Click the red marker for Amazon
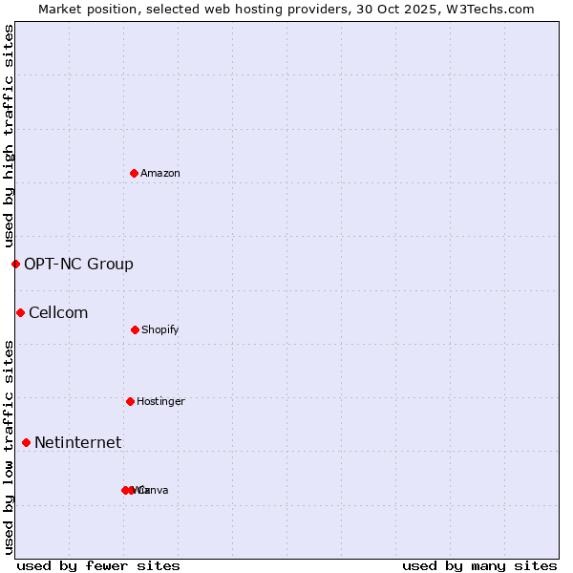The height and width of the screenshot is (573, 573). click(x=134, y=173)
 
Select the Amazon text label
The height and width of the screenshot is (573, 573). click(x=160, y=173)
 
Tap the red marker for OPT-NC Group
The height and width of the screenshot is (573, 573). click(x=15, y=264)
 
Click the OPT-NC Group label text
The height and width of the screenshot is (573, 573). click(x=78, y=264)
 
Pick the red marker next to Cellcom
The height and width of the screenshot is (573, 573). click(x=20, y=312)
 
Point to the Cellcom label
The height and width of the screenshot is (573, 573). click(x=58, y=312)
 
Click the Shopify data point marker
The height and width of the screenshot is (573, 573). click(x=135, y=329)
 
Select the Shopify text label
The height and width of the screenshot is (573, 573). click(x=160, y=329)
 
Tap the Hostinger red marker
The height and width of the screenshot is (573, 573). click(x=130, y=401)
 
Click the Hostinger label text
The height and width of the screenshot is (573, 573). click(x=160, y=401)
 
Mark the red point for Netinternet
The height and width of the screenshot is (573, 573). click(x=26, y=442)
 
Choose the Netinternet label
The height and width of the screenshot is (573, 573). click(x=77, y=442)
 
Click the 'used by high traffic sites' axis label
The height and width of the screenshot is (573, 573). click(x=9, y=136)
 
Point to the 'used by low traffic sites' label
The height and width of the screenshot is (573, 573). click(x=9, y=447)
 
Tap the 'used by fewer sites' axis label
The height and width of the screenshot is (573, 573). click(x=98, y=565)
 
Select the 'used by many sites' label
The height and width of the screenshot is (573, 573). click(x=479, y=565)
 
